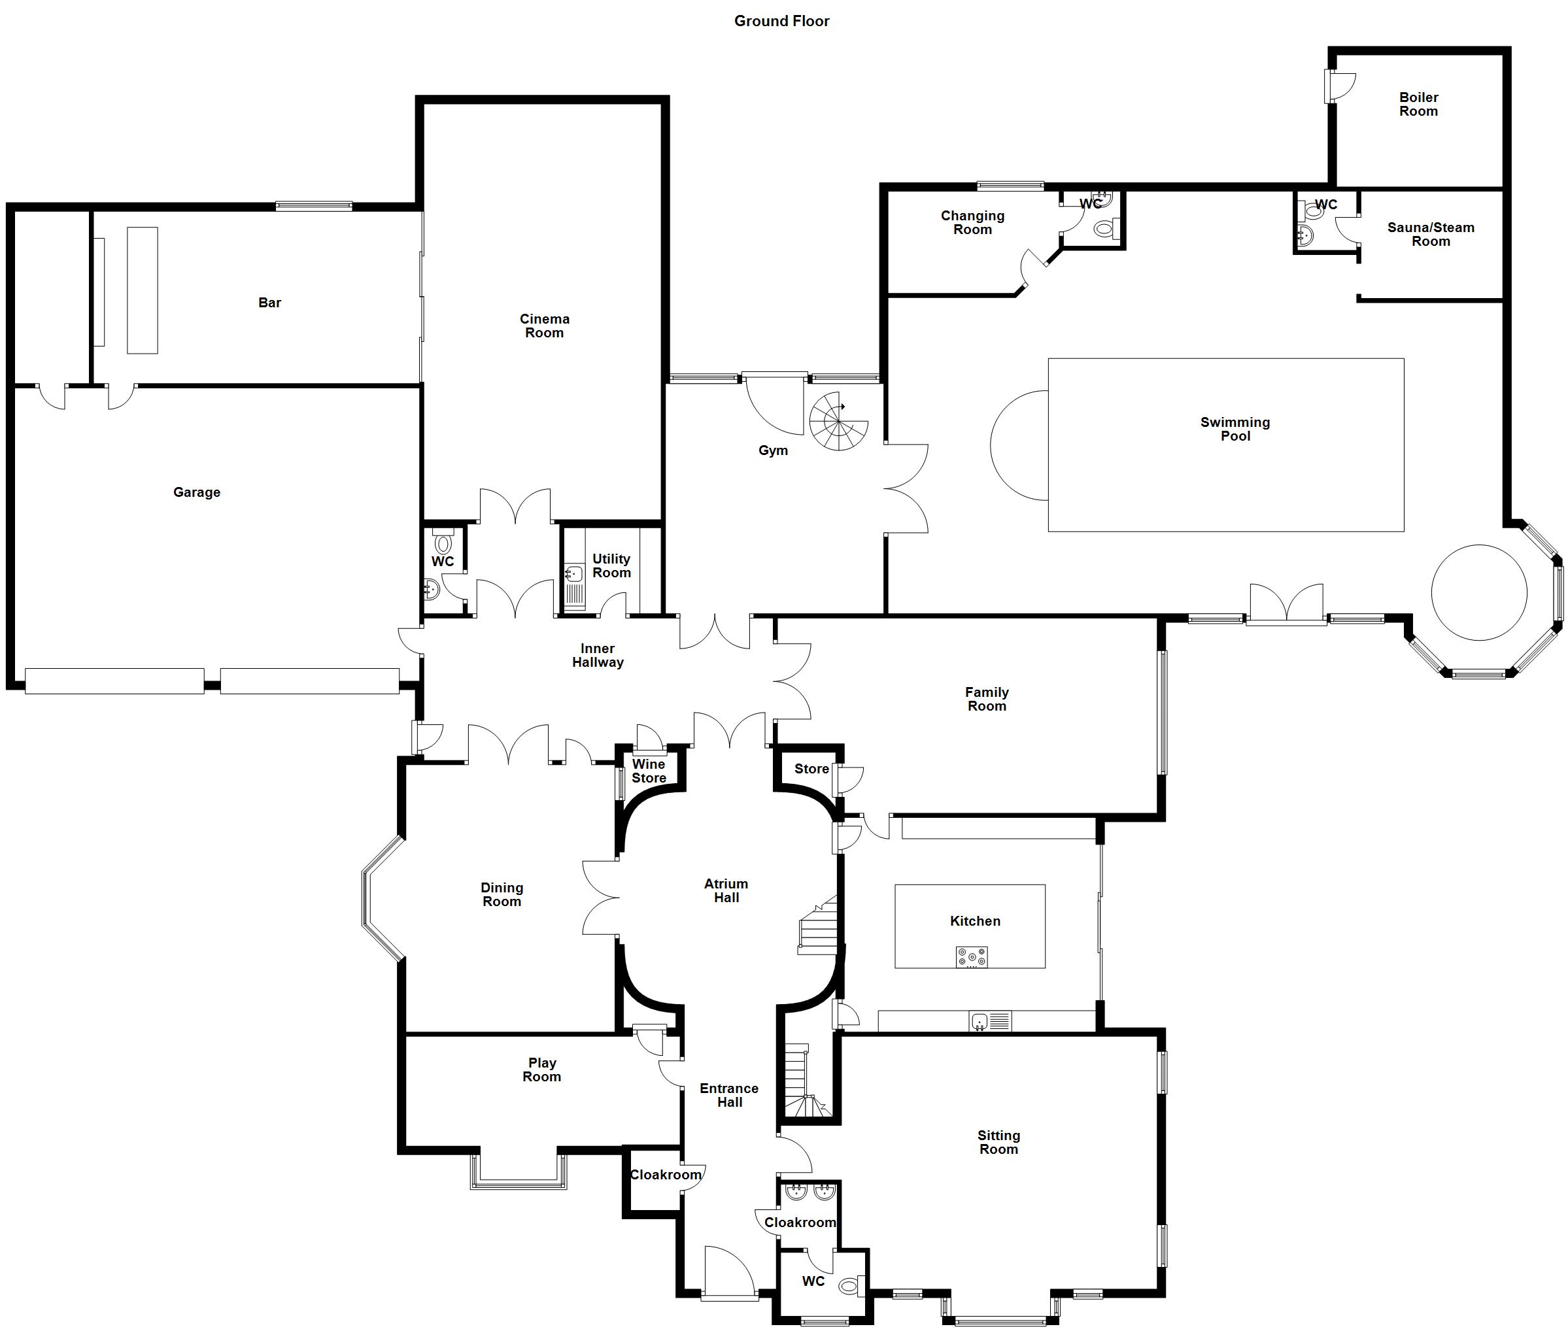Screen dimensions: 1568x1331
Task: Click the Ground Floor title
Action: [782, 21]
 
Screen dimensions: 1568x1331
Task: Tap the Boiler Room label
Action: [1419, 104]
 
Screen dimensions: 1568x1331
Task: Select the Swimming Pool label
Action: [1235, 429]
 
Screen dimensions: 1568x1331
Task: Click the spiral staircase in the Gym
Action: [838, 421]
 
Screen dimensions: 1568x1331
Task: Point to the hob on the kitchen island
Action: [972, 957]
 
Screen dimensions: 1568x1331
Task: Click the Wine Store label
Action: [649, 771]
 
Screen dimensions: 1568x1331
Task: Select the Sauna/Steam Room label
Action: [1431, 234]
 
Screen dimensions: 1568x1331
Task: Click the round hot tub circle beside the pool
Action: [1479, 592]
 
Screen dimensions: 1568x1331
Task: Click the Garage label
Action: [197, 492]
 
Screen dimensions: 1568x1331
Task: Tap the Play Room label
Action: [542, 1069]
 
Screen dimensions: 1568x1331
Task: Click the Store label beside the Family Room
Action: [812, 769]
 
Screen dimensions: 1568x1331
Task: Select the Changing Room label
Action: [972, 222]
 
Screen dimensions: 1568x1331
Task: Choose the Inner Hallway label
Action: [598, 655]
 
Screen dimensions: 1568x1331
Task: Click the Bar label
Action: [269, 303]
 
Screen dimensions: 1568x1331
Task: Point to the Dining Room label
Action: [502, 894]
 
